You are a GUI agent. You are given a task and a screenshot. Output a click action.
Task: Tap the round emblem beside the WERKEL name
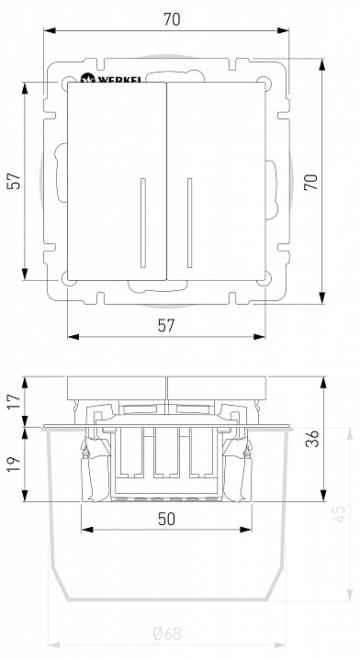pos(87,78)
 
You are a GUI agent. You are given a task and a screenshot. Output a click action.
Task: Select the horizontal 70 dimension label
pos(172,19)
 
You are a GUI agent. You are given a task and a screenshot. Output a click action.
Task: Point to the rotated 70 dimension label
pos(311,182)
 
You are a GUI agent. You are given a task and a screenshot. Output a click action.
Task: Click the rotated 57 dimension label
pos(14,181)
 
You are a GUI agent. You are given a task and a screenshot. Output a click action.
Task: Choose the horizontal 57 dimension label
pos(166,325)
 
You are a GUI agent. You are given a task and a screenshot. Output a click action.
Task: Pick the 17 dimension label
pos(14,401)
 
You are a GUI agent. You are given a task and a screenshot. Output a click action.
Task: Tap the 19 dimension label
pos(14,465)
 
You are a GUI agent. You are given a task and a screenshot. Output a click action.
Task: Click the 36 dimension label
pos(312,439)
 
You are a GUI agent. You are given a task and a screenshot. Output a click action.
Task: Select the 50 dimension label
pos(166,519)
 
